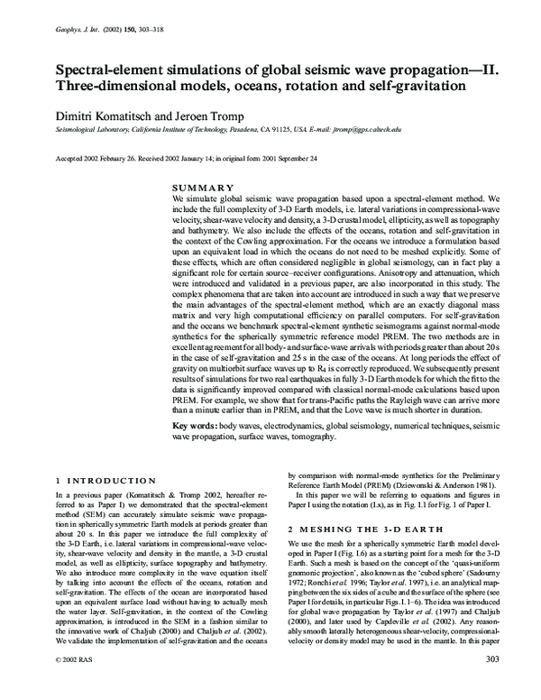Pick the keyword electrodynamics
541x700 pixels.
pos(290,424)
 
